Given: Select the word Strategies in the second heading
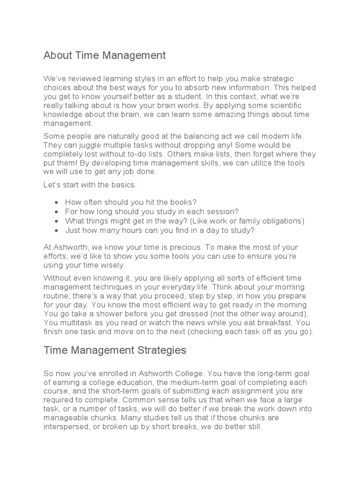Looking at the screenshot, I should point(161,350).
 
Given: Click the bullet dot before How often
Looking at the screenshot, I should point(56,202).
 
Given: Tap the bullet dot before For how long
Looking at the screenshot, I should point(56,212).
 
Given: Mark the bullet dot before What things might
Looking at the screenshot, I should point(56,221).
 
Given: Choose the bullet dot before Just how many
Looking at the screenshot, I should point(56,230).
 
